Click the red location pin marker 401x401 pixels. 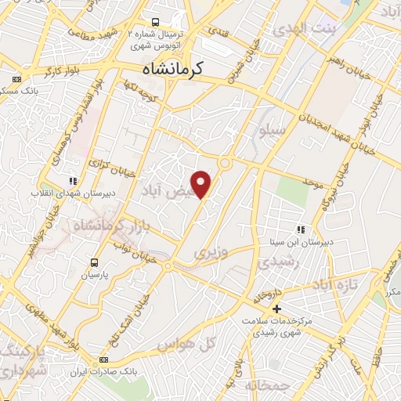point(202,183)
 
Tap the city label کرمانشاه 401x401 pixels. point(173,70)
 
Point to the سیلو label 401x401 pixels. point(273,132)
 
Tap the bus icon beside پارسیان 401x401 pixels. point(95,263)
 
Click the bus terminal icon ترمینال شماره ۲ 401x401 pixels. point(156,22)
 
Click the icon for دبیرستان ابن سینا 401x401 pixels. point(301,229)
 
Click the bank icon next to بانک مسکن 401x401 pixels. point(17,79)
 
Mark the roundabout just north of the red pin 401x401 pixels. point(225,163)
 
